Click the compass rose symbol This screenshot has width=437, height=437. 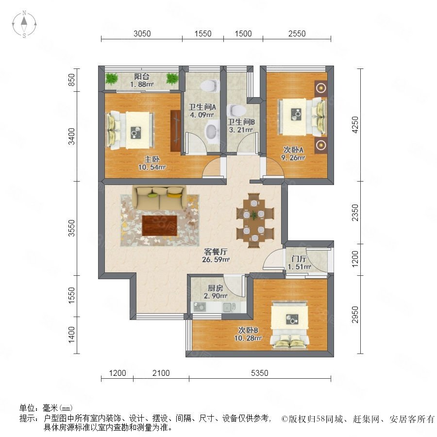click(24, 24)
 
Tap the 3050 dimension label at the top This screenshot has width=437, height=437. click(142, 34)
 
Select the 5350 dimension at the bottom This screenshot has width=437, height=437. click(259, 373)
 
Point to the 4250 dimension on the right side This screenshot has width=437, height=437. click(355, 125)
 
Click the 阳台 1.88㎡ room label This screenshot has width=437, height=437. click(142, 80)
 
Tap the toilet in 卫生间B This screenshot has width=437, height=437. click(236, 110)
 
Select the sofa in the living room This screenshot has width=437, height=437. click(159, 197)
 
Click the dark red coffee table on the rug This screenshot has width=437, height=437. click(160, 225)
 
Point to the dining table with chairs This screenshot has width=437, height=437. click(255, 220)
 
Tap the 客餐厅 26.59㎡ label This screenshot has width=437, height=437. click(216, 255)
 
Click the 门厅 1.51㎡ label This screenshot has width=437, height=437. click(299, 263)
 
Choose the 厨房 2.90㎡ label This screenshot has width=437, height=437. click(216, 292)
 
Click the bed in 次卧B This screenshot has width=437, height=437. click(290, 325)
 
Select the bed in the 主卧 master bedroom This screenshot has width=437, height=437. click(130, 130)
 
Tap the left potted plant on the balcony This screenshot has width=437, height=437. click(112, 78)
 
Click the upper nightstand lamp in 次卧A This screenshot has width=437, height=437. click(321, 88)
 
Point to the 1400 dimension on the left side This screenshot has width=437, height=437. click(72, 335)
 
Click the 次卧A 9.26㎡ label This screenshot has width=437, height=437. click(293, 153)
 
